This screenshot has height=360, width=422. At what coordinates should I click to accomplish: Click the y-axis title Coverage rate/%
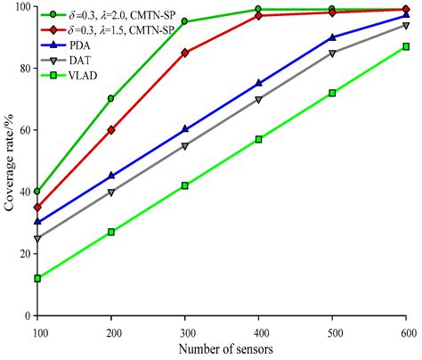tap(12, 160)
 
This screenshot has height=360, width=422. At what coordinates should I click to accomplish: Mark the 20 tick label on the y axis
tap(22, 253)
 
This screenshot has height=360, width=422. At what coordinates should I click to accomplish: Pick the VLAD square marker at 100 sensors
tap(37, 278)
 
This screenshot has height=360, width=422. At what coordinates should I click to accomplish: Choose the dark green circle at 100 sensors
tap(37, 192)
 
